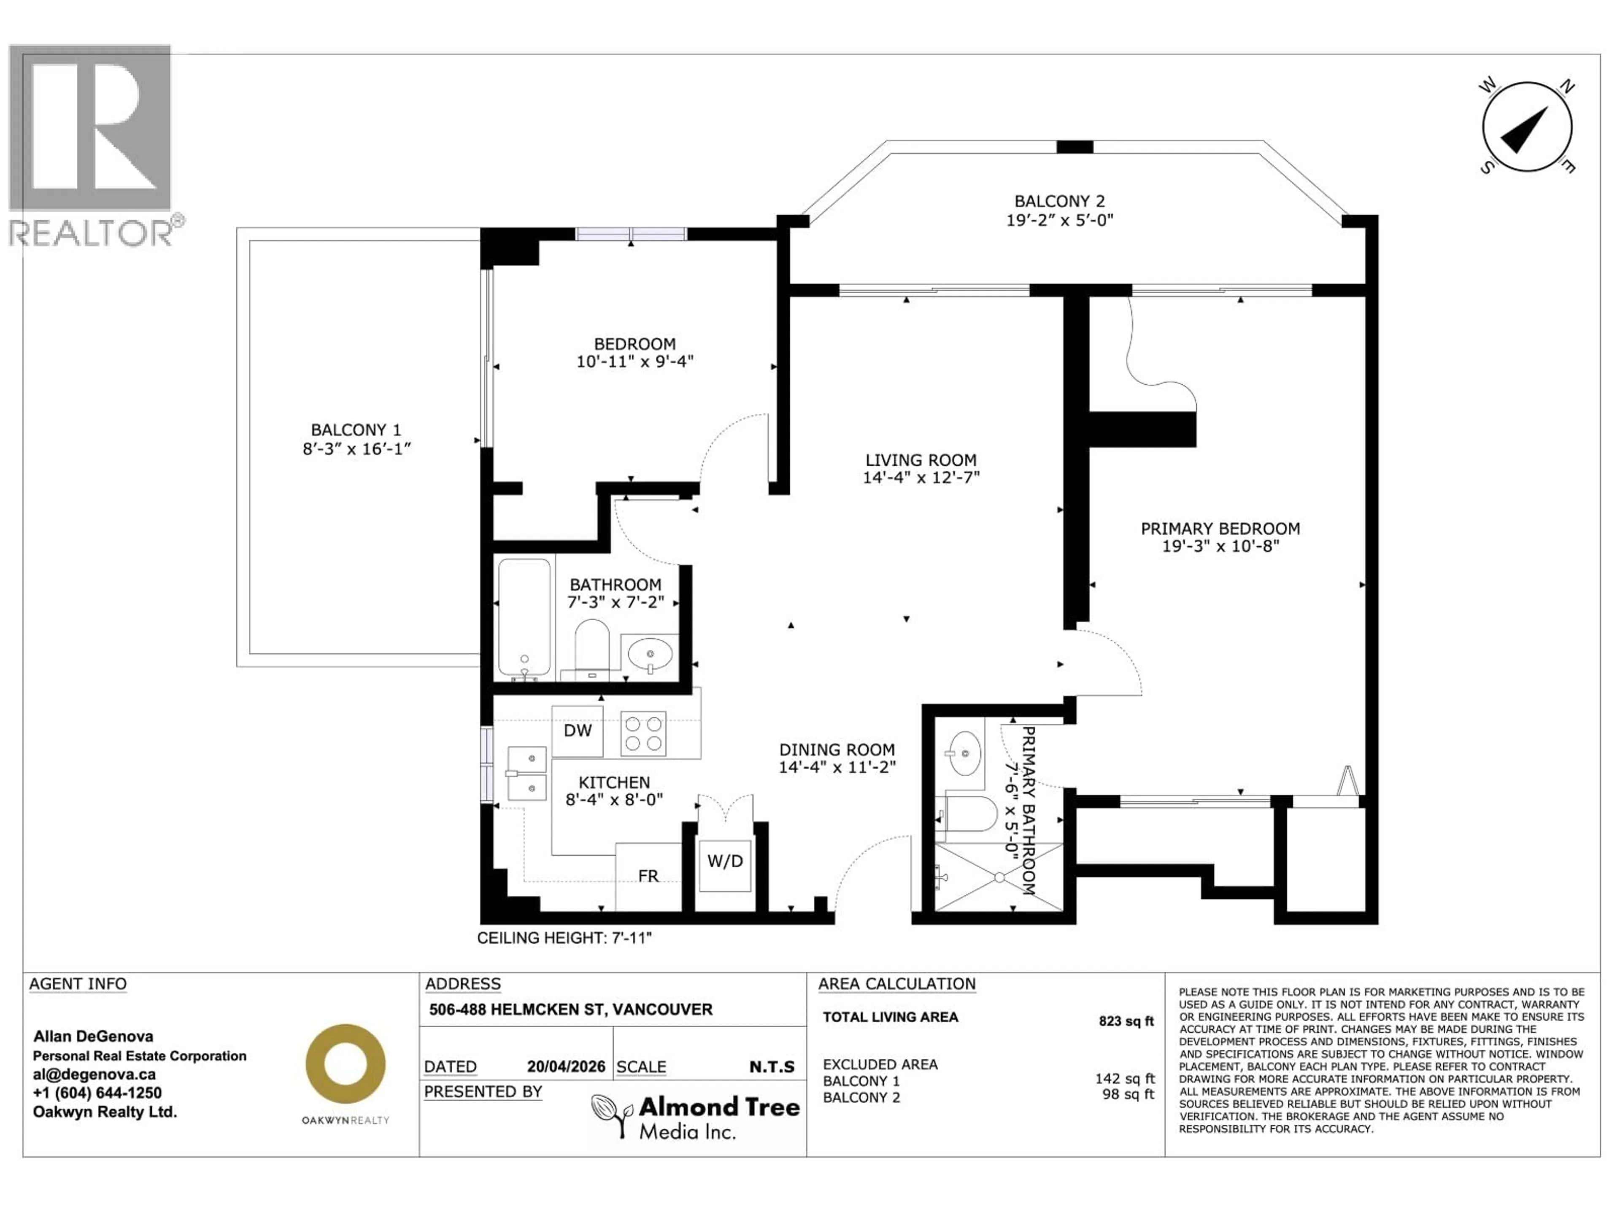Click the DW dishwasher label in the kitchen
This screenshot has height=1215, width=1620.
[577, 731]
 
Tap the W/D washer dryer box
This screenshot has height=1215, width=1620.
[724, 862]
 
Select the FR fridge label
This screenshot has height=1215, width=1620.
[648, 876]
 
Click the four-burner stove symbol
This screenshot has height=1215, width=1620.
[643, 733]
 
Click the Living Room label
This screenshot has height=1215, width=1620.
[921, 460]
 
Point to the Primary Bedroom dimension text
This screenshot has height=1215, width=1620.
[1220, 546]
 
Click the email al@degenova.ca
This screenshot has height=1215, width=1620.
[94, 1075]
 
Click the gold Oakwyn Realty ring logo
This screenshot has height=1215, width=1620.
[345, 1064]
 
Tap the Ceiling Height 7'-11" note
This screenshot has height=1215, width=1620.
[564, 938]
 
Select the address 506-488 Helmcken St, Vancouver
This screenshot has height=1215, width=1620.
[570, 1009]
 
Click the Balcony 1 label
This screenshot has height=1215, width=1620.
[356, 430]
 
